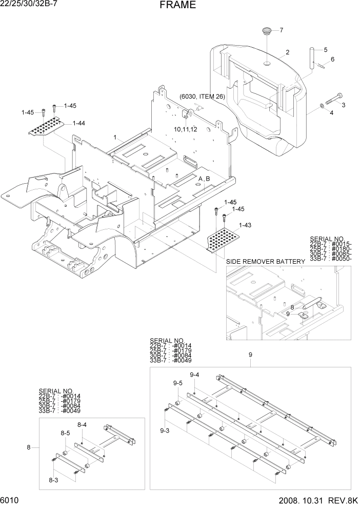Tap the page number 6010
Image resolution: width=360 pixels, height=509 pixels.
(10, 500)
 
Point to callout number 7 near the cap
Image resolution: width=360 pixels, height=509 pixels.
(281, 30)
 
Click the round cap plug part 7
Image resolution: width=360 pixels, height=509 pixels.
(267, 32)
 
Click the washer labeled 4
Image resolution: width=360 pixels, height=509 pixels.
(321, 105)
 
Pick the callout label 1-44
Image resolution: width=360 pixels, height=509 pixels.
(78, 123)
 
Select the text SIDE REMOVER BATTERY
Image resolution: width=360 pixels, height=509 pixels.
(265, 262)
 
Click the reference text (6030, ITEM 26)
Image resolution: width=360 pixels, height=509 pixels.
(202, 96)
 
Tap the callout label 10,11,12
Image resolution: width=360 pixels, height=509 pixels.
(185, 129)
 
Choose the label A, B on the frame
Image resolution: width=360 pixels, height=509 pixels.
(204, 178)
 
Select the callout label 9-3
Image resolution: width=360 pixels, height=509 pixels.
(165, 430)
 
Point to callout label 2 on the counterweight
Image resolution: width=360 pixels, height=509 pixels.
(287, 52)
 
